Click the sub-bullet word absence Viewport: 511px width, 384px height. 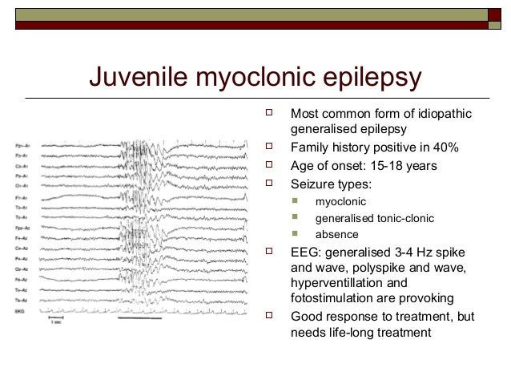tap(336, 235)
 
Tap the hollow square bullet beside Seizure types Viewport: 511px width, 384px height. tap(269, 184)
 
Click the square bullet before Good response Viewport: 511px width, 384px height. tap(269, 317)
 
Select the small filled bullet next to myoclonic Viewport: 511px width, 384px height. tap(296, 201)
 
